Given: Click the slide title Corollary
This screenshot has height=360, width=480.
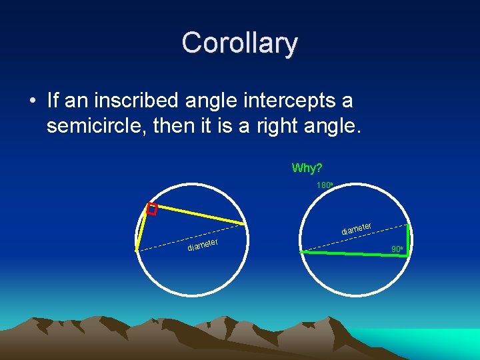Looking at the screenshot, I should tap(239, 43).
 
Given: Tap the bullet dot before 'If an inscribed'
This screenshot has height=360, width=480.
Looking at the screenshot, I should tap(33, 101).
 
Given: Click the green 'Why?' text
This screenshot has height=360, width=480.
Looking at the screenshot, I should tap(307, 167).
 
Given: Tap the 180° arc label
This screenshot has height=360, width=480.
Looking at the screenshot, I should tap(324, 185).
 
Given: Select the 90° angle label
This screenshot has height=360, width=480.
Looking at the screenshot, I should tap(397, 249).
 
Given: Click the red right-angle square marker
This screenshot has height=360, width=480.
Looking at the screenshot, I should tap(151, 209).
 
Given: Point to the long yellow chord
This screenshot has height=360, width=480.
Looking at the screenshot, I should tap(197, 213).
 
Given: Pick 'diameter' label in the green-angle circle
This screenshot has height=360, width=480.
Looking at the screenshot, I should tap(357, 229).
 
